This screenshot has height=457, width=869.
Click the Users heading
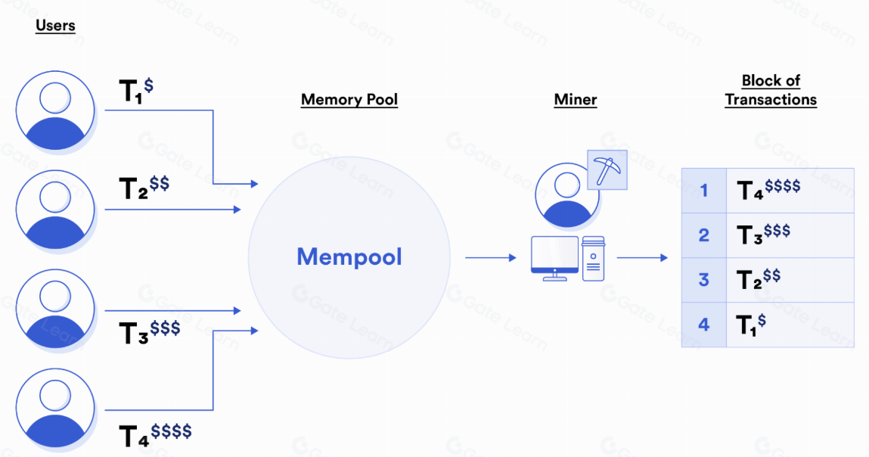55,26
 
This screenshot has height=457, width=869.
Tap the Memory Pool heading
349,100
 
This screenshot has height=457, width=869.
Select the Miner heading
575,100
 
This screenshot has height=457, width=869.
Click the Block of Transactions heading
771,90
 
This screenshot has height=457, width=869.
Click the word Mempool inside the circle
349,257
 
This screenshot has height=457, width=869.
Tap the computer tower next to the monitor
593,258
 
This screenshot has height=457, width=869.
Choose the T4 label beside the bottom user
155,434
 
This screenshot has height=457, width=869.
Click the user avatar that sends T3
55,309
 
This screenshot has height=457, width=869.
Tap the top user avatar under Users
55,110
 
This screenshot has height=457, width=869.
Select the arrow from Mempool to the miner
490,258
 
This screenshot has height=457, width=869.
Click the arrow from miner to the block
642,258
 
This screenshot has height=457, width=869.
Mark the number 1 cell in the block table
703,190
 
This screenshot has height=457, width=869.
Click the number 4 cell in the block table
703,325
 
